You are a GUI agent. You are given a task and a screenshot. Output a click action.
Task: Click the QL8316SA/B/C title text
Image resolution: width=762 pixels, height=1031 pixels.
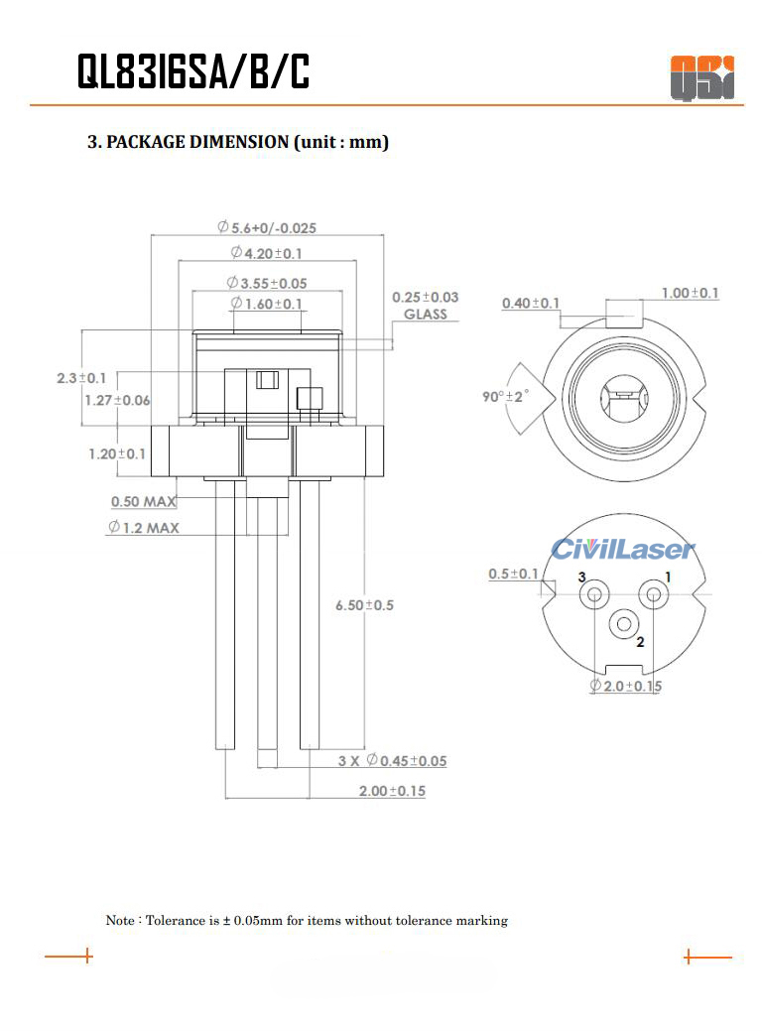tap(193, 72)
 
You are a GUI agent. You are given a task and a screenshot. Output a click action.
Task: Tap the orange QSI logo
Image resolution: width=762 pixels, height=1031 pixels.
tap(701, 77)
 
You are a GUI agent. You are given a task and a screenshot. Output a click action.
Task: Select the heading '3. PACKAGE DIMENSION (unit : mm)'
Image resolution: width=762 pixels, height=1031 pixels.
tap(238, 142)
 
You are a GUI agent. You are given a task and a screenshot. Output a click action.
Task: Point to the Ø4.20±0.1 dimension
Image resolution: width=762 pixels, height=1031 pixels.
tap(266, 253)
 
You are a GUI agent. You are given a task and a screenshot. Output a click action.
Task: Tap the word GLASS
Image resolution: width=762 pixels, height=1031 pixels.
tap(425, 315)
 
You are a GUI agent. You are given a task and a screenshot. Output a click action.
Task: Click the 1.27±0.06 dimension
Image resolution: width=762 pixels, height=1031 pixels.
tap(117, 400)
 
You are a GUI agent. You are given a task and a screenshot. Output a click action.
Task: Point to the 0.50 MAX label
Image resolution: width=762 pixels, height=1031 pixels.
tap(144, 502)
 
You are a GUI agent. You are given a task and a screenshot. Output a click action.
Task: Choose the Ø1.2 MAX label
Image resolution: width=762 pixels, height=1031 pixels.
tap(144, 527)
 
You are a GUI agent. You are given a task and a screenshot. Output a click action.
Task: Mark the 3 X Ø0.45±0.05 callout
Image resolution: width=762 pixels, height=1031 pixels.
tap(392, 761)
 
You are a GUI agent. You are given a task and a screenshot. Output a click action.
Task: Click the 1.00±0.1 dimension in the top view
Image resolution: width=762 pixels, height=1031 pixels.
tap(691, 293)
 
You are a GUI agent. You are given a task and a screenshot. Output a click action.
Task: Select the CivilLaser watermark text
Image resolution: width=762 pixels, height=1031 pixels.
tap(623, 549)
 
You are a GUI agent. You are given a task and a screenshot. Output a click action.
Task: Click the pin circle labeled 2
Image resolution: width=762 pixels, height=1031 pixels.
tap(624, 624)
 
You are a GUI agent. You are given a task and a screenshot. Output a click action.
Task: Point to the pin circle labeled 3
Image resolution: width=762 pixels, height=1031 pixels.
tap(594, 594)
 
